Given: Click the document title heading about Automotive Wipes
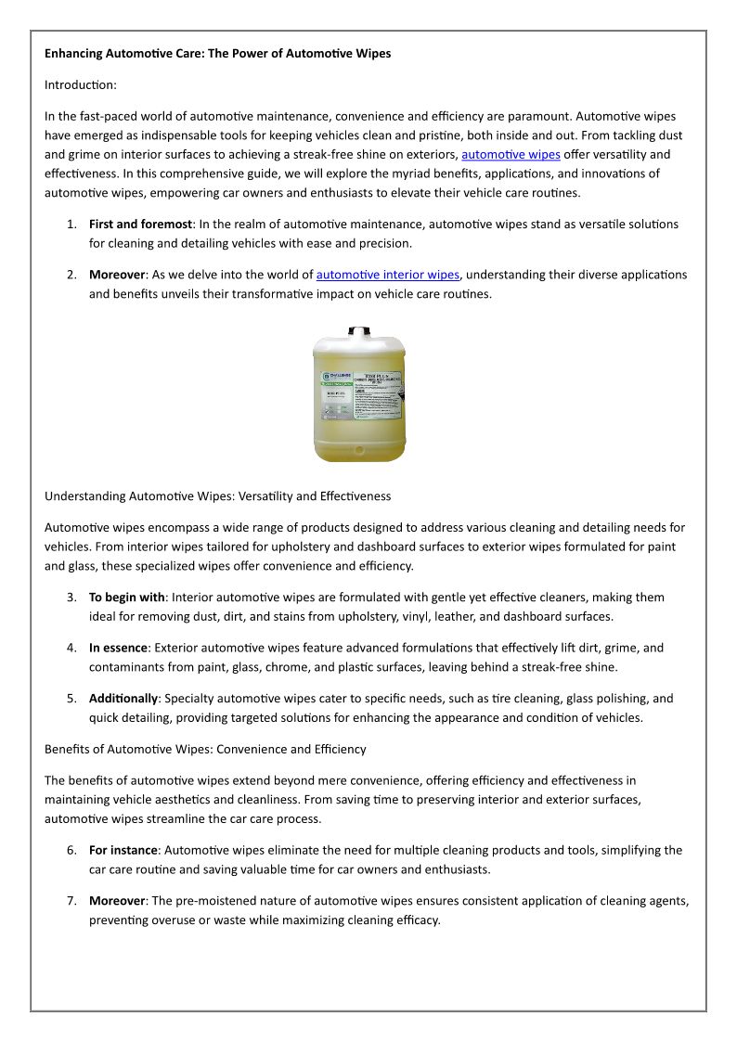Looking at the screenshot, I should point(217,54).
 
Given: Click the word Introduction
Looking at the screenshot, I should point(81,84).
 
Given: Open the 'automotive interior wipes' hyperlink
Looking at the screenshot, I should point(388,275).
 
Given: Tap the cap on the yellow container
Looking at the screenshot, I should point(357,329).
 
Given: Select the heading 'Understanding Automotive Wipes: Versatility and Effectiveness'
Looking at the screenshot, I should point(217,496).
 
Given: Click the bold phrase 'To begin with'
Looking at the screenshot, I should point(126,598).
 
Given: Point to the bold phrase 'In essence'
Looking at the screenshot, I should point(118,648).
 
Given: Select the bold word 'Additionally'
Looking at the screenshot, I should point(123,699).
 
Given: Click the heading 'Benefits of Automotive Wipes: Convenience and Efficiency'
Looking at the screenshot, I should point(205,749).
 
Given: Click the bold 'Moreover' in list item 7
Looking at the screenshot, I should point(117,901).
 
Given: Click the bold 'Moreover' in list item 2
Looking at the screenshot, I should point(117,275).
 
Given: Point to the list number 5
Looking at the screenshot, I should point(71,699).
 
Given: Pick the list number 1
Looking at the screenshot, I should point(71,225).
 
